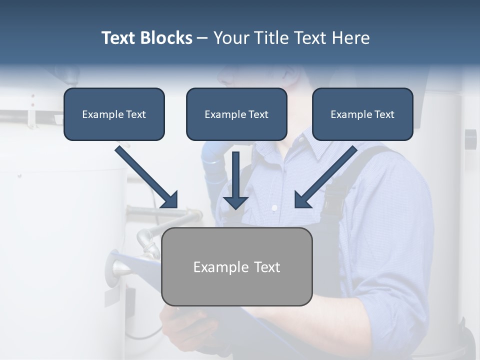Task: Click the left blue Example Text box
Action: point(114,114)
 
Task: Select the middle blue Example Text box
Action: point(236,114)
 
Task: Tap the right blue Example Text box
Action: point(362,114)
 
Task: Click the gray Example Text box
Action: point(236,266)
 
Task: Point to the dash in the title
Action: point(202,38)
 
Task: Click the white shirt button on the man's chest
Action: point(274,207)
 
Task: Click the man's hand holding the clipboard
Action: point(187,325)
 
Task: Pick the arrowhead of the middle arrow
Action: point(235,202)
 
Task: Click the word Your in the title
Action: point(230,38)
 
